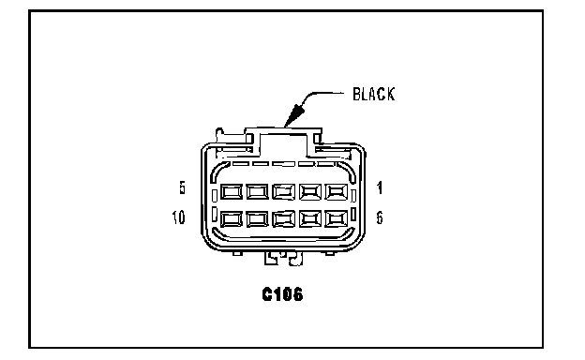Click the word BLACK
[373, 94]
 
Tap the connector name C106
[282, 294]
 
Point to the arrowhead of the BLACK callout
[294, 115]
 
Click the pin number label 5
[182, 187]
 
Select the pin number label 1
[380, 187]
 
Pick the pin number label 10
[178, 217]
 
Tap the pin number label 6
[380, 217]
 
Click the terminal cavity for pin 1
[337, 192]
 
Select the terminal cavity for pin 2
[310, 192]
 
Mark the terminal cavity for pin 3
[284, 192]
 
